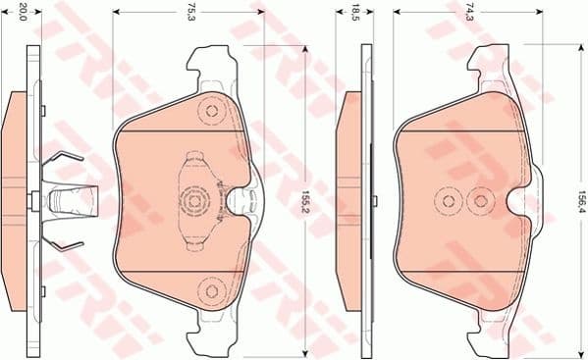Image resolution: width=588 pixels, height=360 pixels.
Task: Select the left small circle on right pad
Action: (449, 202)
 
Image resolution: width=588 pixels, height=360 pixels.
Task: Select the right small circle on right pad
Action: (480, 202)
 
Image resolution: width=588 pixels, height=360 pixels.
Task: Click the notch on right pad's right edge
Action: (521, 202)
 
